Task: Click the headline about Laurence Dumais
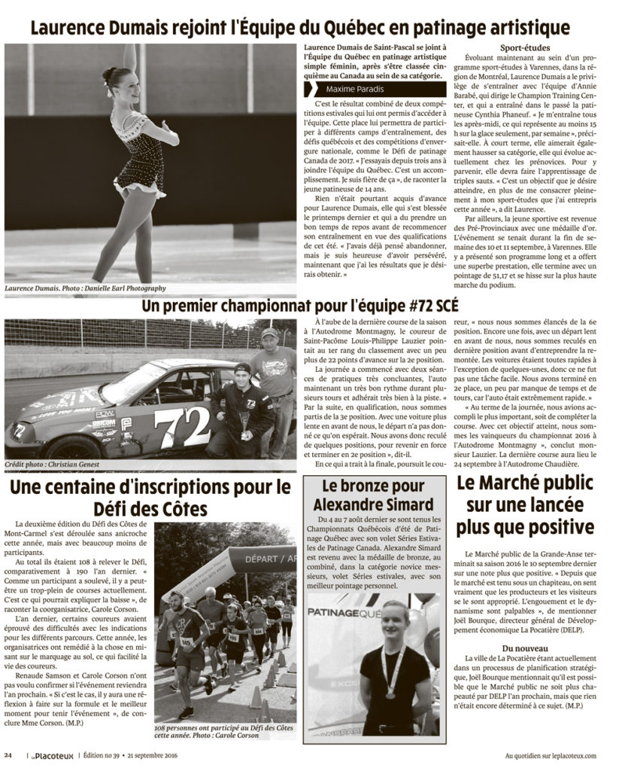(x=299, y=29)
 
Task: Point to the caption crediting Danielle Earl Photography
(x=85, y=288)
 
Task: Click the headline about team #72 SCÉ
(x=300, y=306)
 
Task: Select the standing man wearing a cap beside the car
(x=271, y=376)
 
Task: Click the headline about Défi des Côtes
(x=150, y=495)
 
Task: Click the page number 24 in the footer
(x=8, y=755)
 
